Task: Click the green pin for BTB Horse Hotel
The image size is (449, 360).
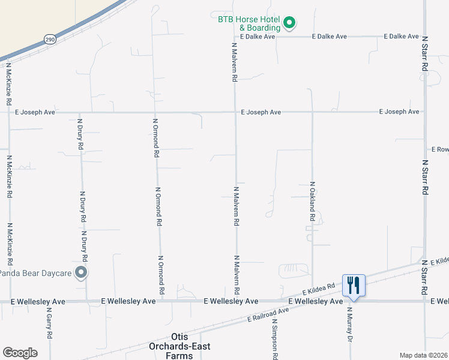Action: pyautogui.click(x=289, y=23)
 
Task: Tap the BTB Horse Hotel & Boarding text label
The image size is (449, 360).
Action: pyautogui.click(x=249, y=23)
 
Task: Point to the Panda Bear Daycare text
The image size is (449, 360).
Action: pyautogui.click(x=35, y=274)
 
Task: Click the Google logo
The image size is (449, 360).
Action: pyautogui.click(x=20, y=353)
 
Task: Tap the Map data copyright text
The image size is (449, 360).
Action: pyautogui.click(x=424, y=355)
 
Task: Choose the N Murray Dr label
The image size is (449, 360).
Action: pyautogui.click(x=349, y=324)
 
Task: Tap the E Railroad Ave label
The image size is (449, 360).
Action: pyautogui.click(x=268, y=314)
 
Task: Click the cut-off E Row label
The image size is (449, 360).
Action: pyautogui.click(x=439, y=149)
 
